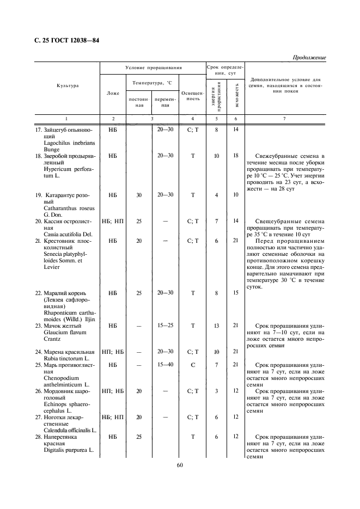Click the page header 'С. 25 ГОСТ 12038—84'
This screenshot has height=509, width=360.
coord(67,41)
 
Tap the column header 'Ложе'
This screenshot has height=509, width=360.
coord(113,93)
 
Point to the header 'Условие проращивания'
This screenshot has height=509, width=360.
coord(152,68)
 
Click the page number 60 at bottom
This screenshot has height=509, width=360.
coord(180,464)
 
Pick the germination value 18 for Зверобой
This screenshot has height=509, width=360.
coord(235,156)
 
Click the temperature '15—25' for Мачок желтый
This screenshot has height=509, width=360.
coord(165,325)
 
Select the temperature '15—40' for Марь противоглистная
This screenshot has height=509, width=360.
coord(165,364)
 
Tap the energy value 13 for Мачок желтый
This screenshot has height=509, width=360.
coord(216,325)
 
